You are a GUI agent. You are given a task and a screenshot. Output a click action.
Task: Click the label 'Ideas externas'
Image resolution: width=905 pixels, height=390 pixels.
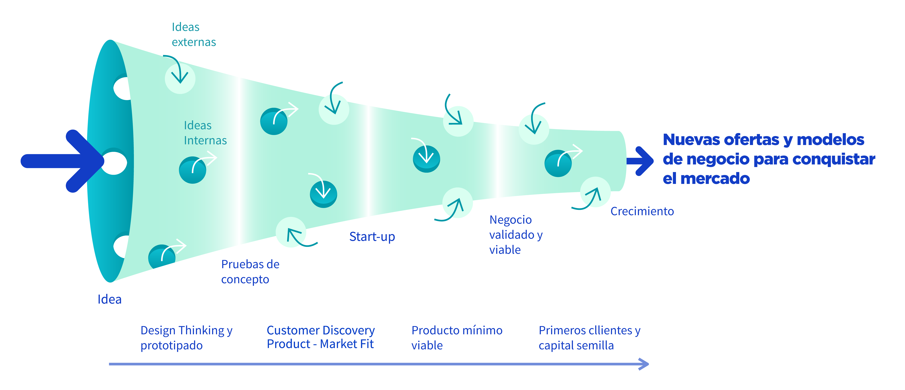click(x=194, y=34)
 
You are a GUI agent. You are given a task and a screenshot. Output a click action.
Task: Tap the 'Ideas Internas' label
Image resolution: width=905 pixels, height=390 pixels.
click(x=205, y=133)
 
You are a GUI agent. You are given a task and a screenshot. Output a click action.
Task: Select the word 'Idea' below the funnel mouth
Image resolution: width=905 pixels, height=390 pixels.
click(x=110, y=299)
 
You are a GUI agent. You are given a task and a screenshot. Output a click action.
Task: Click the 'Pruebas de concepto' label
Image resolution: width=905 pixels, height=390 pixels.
click(x=250, y=271)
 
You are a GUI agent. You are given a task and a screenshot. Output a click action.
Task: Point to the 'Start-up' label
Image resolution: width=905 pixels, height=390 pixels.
click(x=372, y=237)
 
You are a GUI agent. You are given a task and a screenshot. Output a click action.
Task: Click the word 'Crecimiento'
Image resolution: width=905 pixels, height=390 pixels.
click(x=642, y=211)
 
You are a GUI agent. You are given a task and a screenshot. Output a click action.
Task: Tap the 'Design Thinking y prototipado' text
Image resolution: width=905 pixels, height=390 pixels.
click(x=186, y=338)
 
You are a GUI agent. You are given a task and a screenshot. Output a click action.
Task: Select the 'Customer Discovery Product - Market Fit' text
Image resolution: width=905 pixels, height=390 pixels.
click(x=320, y=337)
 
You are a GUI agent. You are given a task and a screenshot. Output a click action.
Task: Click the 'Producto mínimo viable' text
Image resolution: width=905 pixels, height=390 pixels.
click(x=457, y=338)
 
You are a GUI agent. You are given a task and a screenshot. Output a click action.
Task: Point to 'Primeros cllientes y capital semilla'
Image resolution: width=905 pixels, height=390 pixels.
click(x=589, y=338)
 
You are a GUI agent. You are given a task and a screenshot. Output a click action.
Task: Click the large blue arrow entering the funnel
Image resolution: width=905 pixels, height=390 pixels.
click(x=63, y=161)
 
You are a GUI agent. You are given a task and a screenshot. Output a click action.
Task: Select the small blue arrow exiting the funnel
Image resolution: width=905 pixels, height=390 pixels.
click(x=640, y=161)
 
